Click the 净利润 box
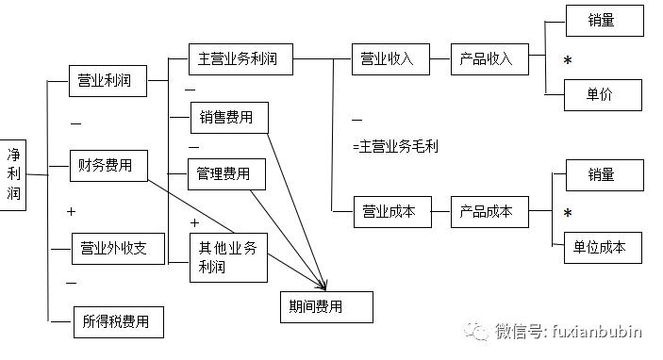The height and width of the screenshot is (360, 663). (14, 172)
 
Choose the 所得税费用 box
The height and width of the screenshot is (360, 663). (119, 321)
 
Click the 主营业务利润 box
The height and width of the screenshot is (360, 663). (240, 59)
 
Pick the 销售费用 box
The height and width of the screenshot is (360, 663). (226, 118)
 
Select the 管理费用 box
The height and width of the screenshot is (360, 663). (224, 174)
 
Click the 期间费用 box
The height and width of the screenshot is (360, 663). (326, 306)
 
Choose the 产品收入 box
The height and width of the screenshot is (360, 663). (488, 59)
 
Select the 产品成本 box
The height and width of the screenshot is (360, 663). (488, 212)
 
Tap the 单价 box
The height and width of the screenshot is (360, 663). (603, 94)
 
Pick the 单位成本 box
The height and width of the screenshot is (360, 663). (603, 247)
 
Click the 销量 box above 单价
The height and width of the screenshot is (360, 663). (605, 21)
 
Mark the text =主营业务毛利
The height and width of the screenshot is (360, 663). (395, 146)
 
